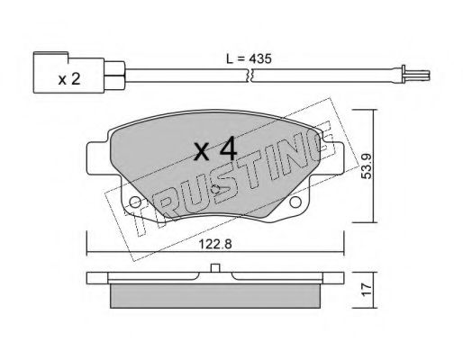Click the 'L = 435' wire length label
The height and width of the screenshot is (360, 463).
[249, 58]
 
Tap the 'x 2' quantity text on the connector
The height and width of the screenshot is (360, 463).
[69, 79]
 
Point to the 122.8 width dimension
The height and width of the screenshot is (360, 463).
[215, 244]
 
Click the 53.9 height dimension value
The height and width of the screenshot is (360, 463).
[366, 166]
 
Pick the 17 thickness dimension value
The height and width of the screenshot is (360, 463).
[367, 290]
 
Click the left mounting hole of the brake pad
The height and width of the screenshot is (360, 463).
[135, 202]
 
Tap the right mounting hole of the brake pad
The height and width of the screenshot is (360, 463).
[295, 202]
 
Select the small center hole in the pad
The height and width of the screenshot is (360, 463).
[215, 189]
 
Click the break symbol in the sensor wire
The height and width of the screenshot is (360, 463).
[250, 76]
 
